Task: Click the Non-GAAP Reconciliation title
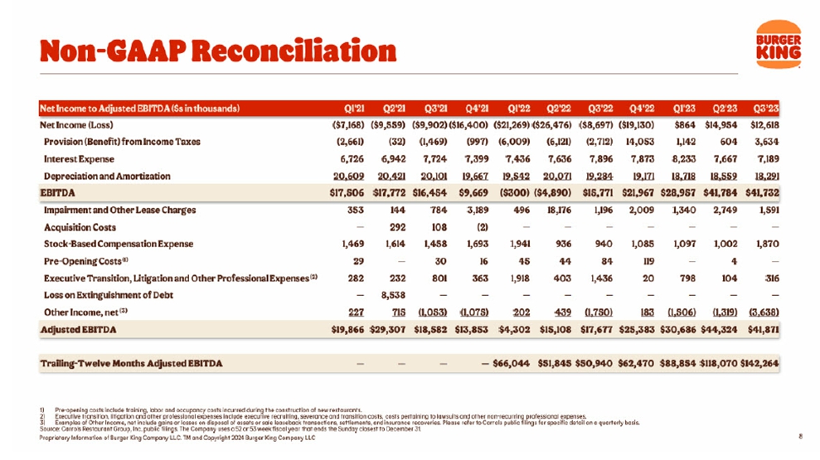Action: [218, 51]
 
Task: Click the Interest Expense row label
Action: [80, 158]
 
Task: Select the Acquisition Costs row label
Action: [80, 227]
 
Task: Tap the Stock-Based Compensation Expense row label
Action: [119, 244]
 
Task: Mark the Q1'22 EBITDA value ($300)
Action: [520, 192]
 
